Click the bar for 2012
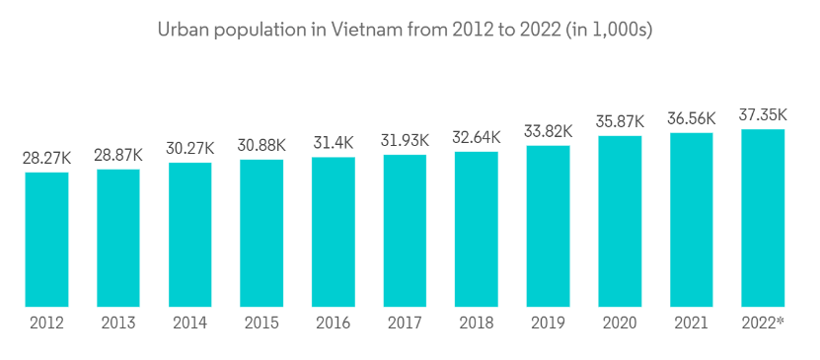click(46, 240)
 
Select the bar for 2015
click(261, 233)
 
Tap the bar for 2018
click(477, 229)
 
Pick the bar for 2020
click(620, 221)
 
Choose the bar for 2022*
click(763, 218)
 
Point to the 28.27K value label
click(46, 160)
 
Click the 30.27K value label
click(190, 149)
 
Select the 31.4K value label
click(334, 143)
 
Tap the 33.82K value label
click(548, 130)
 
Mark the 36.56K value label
click(692, 118)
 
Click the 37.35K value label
click(763, 115)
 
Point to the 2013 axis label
click(118, 323)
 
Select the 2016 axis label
click(334, 323)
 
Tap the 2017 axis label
click(405, 323)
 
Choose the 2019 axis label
click(548, 323)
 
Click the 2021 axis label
click(692, 323)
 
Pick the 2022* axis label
click(764, 323)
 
